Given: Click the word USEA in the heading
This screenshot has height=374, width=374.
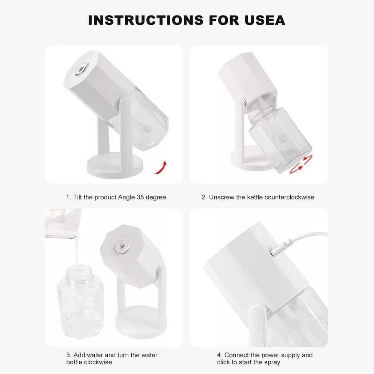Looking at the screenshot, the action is tap(265, 20).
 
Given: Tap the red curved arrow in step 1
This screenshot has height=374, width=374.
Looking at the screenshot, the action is tap(161, 168).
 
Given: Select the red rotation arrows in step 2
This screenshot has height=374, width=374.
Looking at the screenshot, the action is tap(301, 164).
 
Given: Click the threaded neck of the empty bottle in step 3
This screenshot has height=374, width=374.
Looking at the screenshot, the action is tap(79, 272).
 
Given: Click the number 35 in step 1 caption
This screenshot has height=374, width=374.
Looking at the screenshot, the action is tap(140, 197).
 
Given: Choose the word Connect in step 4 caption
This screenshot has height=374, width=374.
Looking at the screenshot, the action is tap(236, 355).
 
